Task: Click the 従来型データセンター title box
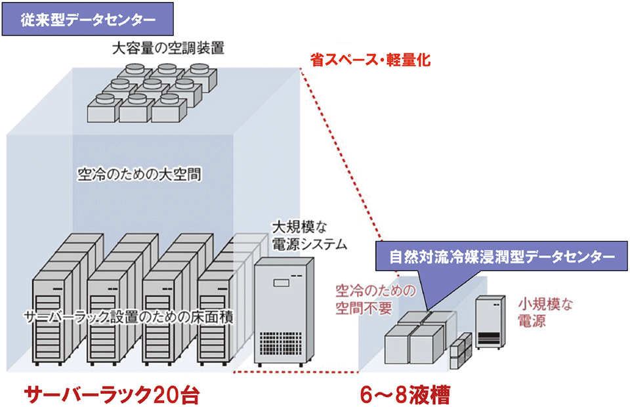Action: tap(87, 20)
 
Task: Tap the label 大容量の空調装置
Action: tap(168, 49)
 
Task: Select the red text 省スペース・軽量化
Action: tap(370, 60)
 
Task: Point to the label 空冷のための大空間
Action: tap(138, 175)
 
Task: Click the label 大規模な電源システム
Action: tap(308, 236)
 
